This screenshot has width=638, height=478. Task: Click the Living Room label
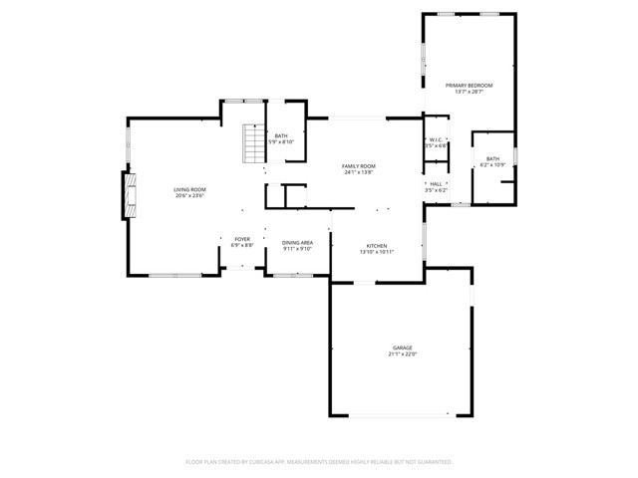[189, 188]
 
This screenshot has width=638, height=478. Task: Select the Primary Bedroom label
[469, 86]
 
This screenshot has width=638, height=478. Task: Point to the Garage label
[402, 348]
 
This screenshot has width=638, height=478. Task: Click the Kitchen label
[377, 245]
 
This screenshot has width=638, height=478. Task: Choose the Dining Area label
[297, 243]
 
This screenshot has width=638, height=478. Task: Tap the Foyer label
[242, 239]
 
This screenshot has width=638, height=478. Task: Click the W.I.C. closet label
[436, 140]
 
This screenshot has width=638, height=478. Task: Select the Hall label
[436, 184]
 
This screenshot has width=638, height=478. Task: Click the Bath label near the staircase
[281, 136]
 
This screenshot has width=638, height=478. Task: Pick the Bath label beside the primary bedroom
[492, 158]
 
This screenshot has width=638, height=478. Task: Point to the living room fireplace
[127, 195]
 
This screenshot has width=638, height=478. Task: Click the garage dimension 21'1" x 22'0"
[402, 355]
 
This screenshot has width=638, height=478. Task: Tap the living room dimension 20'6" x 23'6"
[189, 195]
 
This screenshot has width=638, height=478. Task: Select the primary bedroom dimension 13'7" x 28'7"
[469, 93]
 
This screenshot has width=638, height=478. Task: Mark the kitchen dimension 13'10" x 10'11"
[377, 252]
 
